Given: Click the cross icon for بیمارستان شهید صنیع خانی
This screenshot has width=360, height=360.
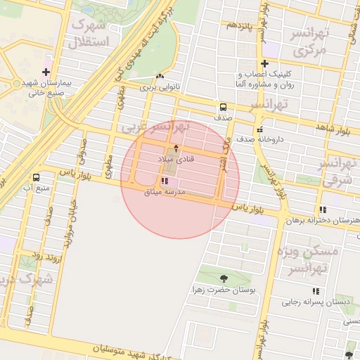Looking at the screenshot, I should (46, 72).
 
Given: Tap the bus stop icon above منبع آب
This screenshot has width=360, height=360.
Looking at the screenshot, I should (36, 177).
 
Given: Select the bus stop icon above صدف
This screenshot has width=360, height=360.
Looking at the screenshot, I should (223, 108).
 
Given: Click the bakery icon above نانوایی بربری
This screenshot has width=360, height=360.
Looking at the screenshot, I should (160, 77).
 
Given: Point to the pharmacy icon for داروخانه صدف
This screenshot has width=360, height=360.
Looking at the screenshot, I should (260, 129).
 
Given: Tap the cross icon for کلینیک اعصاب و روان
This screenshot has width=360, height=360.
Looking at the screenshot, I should (265, 64).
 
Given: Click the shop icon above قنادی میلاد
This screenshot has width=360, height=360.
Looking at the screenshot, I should (176, 148).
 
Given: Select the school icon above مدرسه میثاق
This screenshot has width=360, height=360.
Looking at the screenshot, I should (165, 181).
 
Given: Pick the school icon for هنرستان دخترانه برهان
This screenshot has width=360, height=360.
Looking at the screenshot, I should (323, 210).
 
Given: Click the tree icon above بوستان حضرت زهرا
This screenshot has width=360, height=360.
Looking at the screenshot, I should (224, 278).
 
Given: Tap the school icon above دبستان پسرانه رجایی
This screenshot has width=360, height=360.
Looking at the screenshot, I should (316, 291).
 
